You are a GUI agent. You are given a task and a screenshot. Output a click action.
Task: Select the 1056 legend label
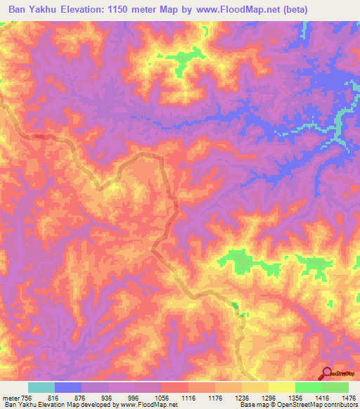(162, 398)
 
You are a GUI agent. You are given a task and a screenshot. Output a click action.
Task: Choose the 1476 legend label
(349, 398)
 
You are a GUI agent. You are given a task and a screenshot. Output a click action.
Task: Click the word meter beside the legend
(10, 398)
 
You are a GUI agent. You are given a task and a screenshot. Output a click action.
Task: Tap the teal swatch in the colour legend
(41, 387)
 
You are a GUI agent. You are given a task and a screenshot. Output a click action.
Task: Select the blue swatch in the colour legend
(68, 387)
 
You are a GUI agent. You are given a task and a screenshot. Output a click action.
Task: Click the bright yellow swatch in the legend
(282, 387)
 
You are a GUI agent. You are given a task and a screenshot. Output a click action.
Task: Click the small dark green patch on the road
(234, 304)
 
